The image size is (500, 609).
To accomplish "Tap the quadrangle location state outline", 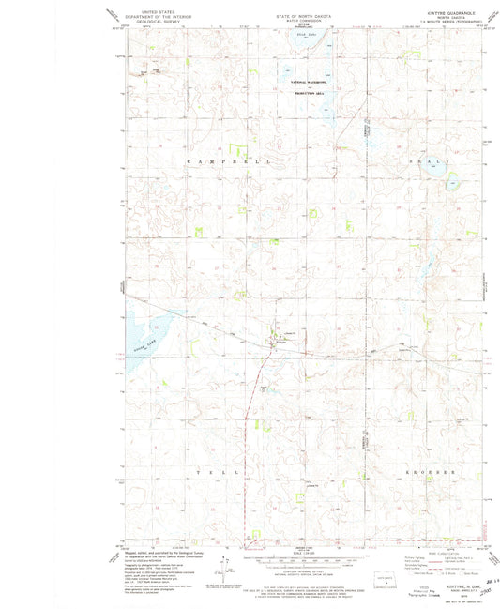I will click(386, 579).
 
